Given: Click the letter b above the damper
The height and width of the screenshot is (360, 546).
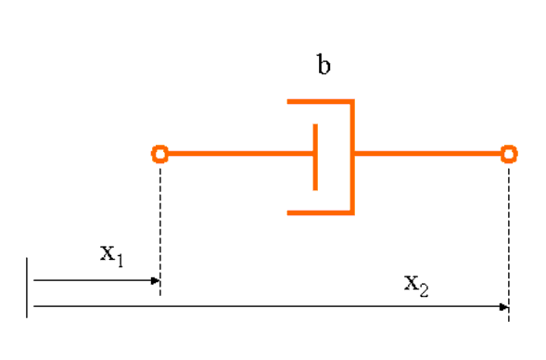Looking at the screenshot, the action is tap(324, 64).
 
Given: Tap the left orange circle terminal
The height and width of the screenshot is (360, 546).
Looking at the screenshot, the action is tap(159, 154).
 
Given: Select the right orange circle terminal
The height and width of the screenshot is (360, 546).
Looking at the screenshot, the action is tap(509, 154).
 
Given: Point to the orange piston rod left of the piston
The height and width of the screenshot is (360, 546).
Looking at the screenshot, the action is tap(241, 153).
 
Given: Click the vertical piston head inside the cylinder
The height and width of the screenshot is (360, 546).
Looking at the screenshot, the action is tap(315, 157).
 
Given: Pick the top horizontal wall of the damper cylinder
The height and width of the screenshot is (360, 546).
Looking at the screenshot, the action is tap(321, 102).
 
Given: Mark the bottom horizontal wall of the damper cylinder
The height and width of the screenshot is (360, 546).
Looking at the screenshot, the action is tap(321, 212).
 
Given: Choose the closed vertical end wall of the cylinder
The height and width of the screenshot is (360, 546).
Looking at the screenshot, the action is tap(352, 157).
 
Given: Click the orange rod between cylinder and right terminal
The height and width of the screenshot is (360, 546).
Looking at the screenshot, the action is tap(427, 153).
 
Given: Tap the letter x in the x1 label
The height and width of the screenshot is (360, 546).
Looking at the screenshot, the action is tap(108, 253).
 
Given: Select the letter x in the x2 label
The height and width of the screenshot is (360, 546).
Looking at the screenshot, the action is tap(412, 283).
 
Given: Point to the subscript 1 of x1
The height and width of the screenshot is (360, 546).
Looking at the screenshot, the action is tap(121, 261).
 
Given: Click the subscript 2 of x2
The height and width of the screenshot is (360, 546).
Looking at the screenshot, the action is tap(424, 290).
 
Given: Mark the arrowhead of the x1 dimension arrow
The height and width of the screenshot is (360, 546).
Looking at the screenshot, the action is tap(156, 280).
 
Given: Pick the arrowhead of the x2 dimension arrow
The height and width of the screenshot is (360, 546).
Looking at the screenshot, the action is tap(504, 307).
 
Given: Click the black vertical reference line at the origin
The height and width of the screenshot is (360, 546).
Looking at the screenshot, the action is tap(27, 288).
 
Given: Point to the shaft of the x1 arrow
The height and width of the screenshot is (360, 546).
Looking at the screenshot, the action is tap(93, 280).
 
